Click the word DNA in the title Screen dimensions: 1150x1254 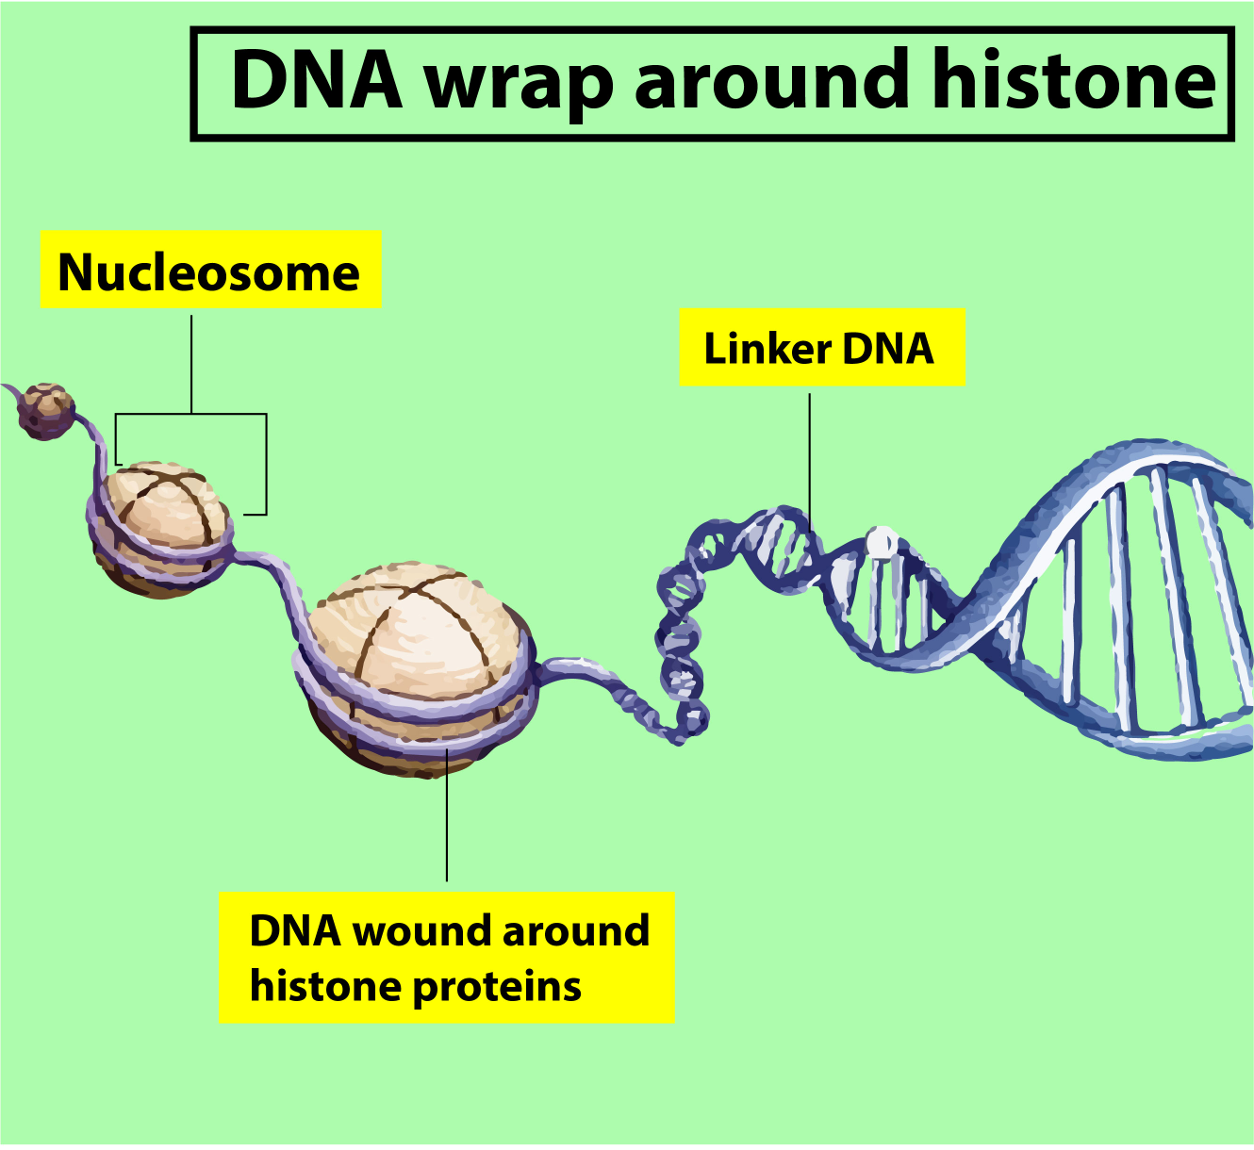tap(316, 81)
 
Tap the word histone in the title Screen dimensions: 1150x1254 tap(1075, 81)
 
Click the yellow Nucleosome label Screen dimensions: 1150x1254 tap(209, 271)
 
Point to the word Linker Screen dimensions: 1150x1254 tap(767, 348)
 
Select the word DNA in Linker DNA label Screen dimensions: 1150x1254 tap(887, 348)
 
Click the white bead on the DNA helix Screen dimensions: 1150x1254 tap(882, 542)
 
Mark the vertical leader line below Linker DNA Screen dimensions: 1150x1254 tap(809, 452)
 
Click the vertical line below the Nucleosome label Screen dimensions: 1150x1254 tap(191, 363)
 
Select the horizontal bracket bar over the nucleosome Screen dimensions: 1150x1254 tap(191, 414)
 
